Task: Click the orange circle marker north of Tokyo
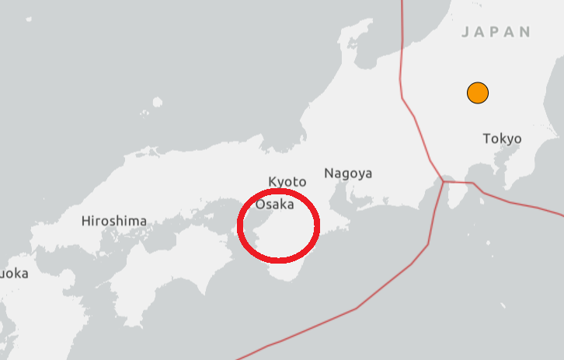pos(477,93)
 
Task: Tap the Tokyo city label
pos(502,139)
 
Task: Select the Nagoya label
pos(348,173)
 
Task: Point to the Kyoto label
pos(287,181)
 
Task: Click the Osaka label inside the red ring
pos(274,204)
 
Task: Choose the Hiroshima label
pos(114,221)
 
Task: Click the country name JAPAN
pos(496,32)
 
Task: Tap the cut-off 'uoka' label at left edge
pos(12,273)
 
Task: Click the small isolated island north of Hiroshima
pos(158,101)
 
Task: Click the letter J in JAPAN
pos(465,33)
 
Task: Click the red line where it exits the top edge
pos(402,2)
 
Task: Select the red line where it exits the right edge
pos(561,212)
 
